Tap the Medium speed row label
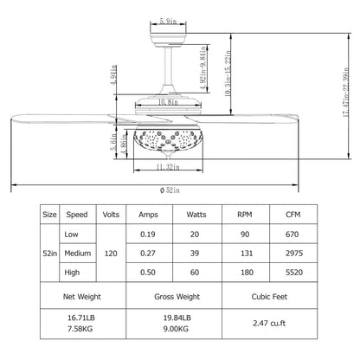pos(78,254)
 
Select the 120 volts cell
pos(111,254)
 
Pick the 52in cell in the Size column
pos(49,254)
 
